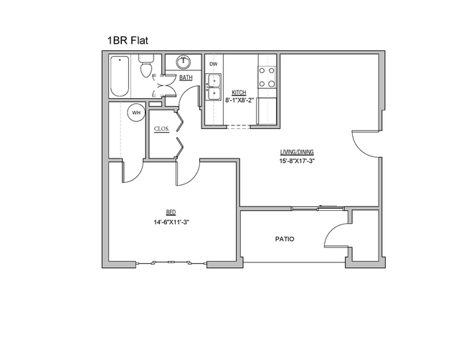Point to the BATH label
click(186, 77)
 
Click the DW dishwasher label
click(213, 64)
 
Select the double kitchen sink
click(213, 90)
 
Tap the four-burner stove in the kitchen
click(267, 75)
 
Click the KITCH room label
click(239, 93)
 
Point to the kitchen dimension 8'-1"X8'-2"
click(239, 100)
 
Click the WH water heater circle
click(135, 113)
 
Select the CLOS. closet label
click(161, 129)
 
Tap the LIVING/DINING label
click(296, 152)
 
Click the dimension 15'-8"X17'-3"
click(297, 161)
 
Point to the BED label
click(171, 212)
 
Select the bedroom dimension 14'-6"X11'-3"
click(171, 222)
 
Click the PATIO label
click(285, 239)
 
